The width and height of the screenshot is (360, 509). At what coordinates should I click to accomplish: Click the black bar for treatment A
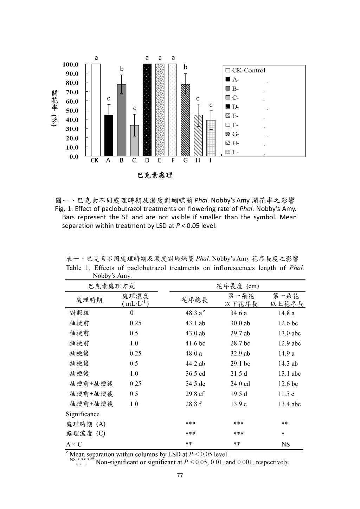coord(109,135)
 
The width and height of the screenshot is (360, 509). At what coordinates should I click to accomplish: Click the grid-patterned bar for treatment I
coord(211,138)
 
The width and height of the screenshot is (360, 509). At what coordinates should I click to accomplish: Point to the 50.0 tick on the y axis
coord(72,110)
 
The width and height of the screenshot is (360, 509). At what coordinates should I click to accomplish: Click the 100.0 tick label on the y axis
coord(71,64)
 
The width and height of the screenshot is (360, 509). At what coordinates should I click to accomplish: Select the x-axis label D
coord(147,161)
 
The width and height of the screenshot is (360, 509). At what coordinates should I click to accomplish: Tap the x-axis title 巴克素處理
coord(155,175)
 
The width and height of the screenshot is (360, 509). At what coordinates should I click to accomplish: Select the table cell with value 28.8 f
coord(193,404)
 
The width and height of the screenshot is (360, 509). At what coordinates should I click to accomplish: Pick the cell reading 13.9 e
coord(238,404)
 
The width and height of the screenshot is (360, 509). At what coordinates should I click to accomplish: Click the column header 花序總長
coord(194,300)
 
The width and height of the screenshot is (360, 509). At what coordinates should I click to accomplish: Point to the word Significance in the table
coord(83,414)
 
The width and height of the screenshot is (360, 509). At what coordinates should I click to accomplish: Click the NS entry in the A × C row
coord(285,444)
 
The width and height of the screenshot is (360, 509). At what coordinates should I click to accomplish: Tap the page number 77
coord(180,476)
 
